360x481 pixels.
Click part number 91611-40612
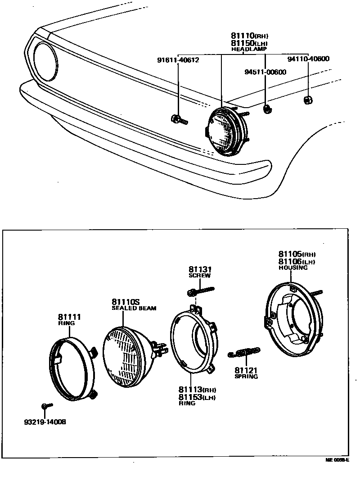[x=178, y=60]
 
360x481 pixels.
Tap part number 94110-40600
[x=308, y=59]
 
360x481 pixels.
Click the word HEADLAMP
[x=249, y=49]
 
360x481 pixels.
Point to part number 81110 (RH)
[x=249, y=35]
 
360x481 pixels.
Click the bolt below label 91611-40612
[x=179, y=119]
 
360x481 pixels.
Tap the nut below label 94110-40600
[x=308, y=100]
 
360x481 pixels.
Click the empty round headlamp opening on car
[x=45, y=61]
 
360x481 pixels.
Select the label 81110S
[x=126, y=302]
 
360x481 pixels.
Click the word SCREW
[x=199, y=276]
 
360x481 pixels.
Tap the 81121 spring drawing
[x=244, y=352]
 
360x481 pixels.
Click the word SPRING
[x=246, y=377]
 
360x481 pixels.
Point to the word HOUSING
[x=293, y=268]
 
